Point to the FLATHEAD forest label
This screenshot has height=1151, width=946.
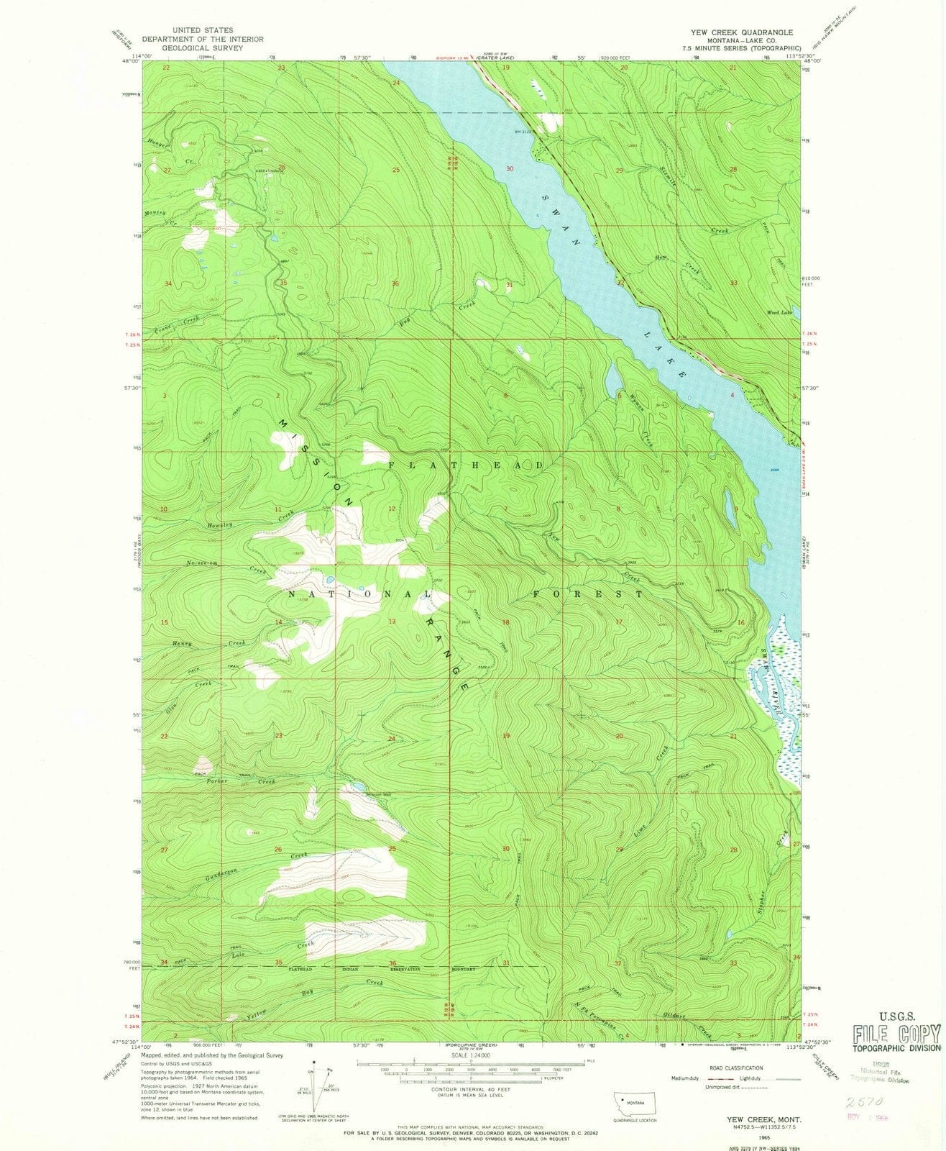pyautogui.click(x=466, y=466)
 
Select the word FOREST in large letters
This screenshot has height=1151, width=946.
pyautogui.click(x=588, y=595)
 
